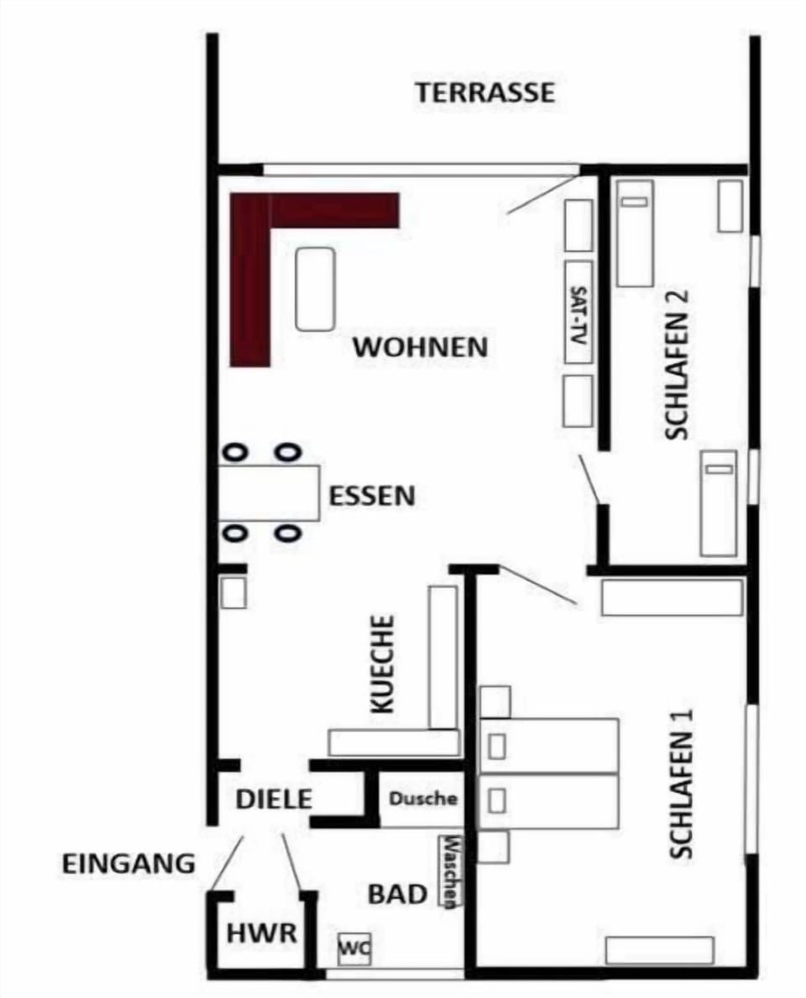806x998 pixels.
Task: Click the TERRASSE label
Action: coord(485,93)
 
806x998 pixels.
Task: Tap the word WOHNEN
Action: coord(421,348)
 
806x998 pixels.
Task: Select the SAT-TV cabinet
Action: coord(578,312)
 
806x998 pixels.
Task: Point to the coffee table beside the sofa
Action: coord(316,289)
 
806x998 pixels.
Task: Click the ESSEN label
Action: coord(371,496)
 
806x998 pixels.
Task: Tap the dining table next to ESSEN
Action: coord(270,493)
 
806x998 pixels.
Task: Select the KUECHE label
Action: coord(382,663)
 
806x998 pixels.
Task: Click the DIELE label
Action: coord(274,800)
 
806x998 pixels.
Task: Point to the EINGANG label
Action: coord(128,864)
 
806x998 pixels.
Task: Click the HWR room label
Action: coord(261,933)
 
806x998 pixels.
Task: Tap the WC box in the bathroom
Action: coord(353,949)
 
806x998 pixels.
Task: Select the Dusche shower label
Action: coord(423,798)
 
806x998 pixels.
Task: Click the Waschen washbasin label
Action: coord(450,870)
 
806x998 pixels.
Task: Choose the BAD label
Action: coord(398,895)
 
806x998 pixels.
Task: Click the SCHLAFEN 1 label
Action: coord(681,784)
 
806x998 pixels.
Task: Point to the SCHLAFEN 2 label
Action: coord(677,365)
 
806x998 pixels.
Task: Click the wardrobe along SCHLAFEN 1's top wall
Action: coord(672,597)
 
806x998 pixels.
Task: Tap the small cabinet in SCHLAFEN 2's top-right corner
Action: coord(730,206)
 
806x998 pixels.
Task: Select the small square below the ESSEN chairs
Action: coord(233,592)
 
